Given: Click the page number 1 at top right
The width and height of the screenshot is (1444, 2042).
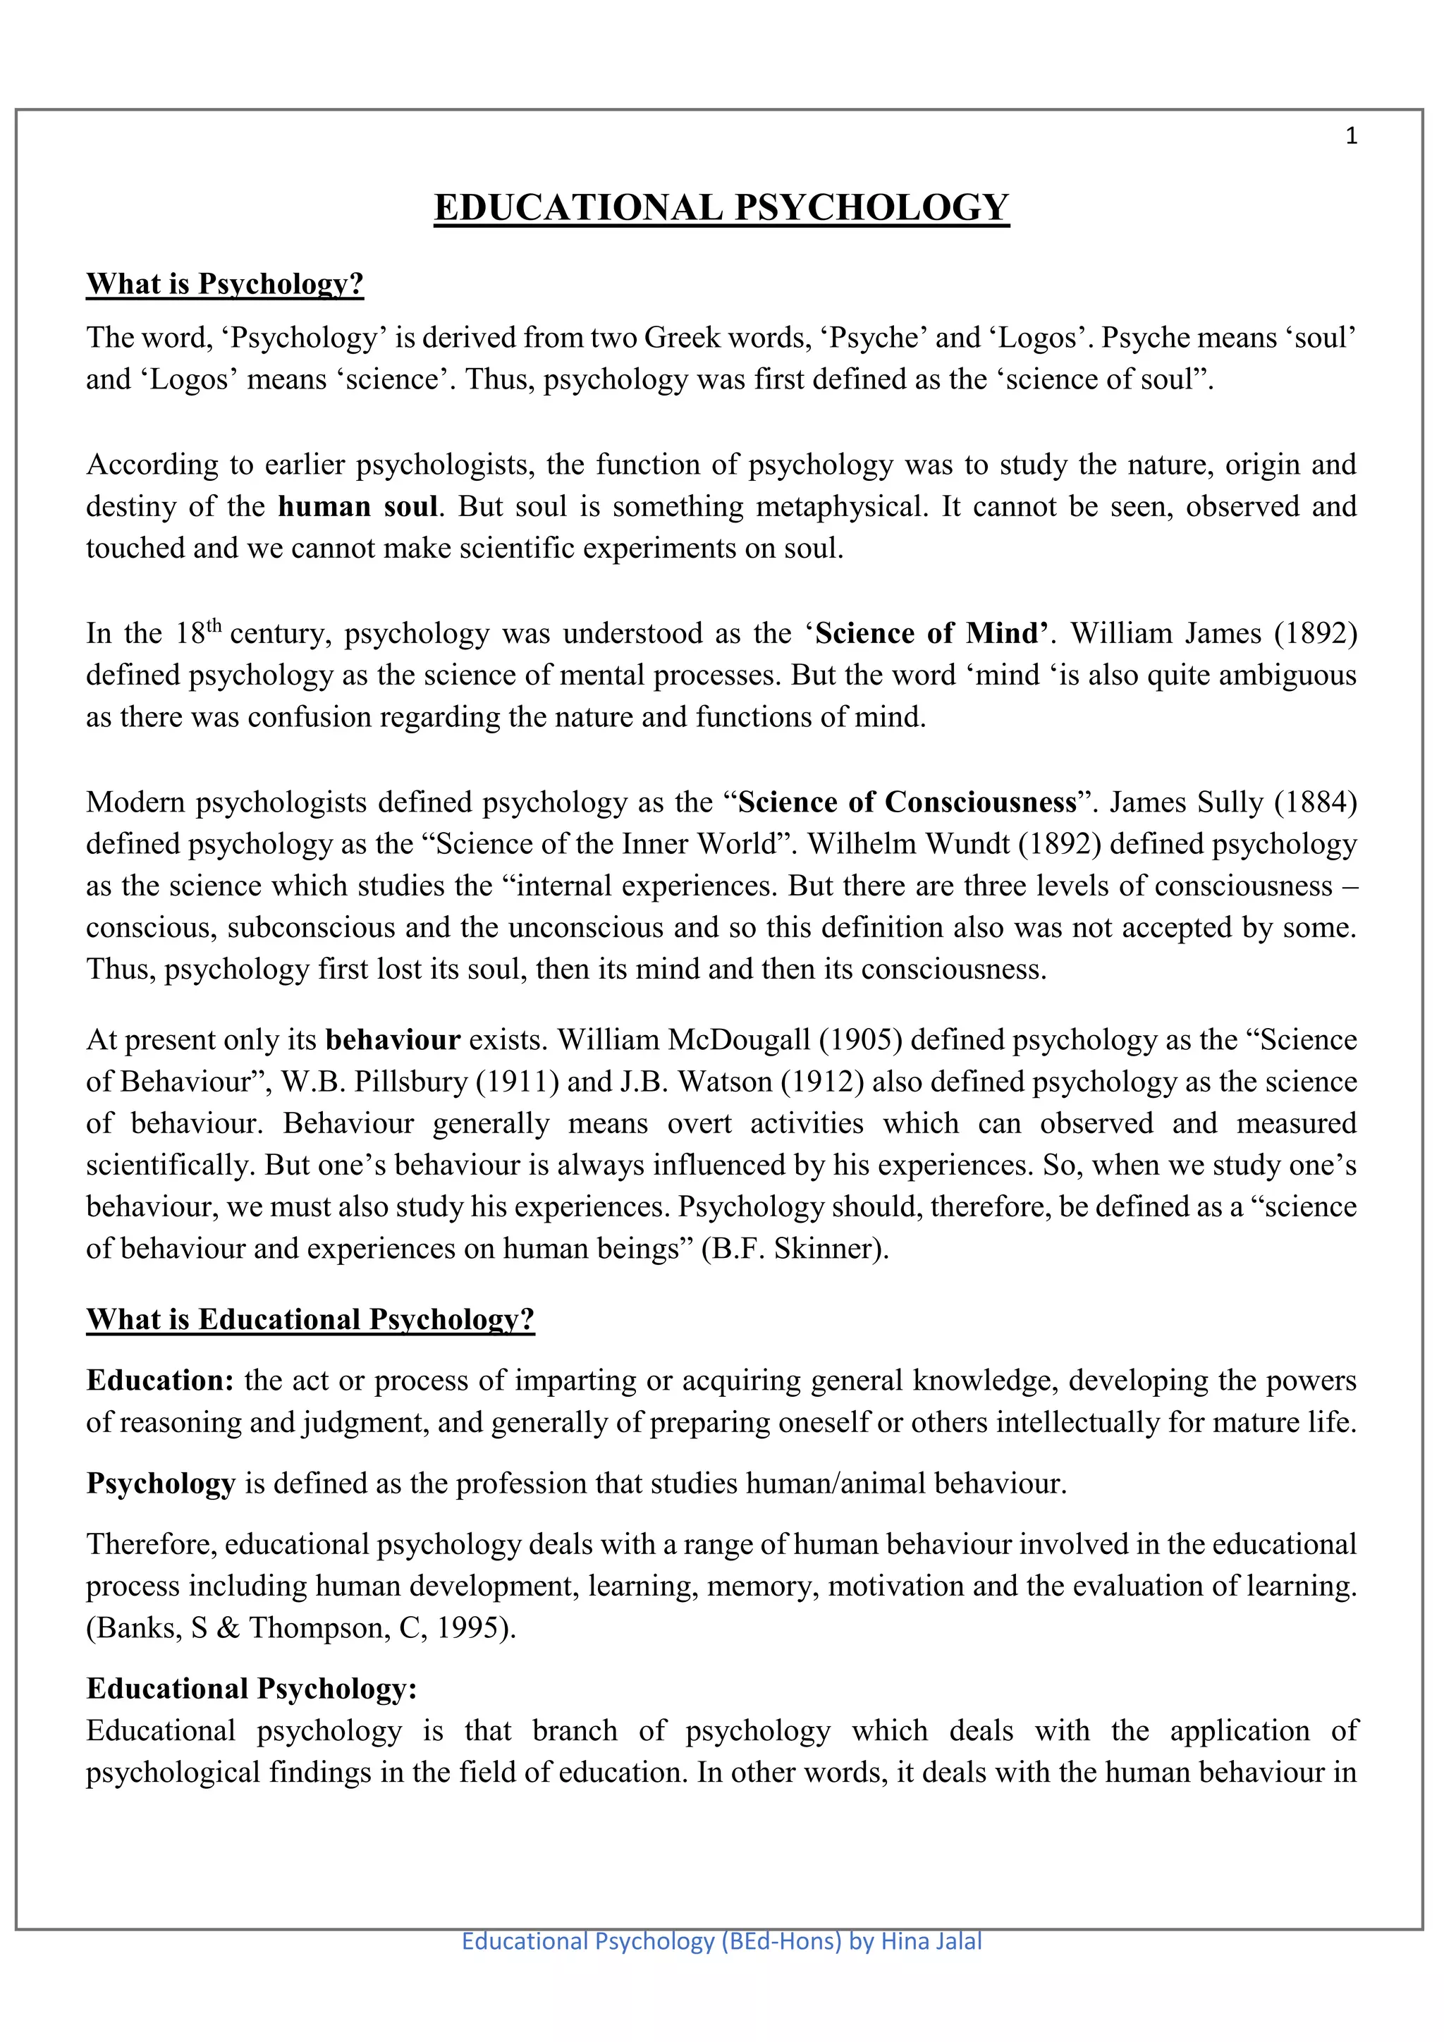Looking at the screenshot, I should pyautogui.click(x=1351, y=136).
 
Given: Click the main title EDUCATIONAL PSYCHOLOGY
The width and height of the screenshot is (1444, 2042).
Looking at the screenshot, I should pyautogui.click(x=721, y=207).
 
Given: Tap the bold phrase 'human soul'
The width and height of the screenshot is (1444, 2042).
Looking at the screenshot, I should pyautogui.click(x=358, y=506).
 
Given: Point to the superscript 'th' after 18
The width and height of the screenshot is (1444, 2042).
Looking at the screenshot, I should pyautogui.click(x=214, y=625).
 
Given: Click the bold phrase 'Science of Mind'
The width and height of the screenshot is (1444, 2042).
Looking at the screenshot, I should pyautogui.click(x=929, y=633).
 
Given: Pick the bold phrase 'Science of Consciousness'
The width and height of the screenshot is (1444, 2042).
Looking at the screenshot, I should pyautogui.click(x=907, y=802).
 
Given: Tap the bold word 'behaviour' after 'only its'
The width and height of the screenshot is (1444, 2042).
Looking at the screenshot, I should pyautogui.click(x=392, y=1039).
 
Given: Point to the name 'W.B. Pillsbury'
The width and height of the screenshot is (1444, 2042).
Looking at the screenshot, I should pyautogui.click(x=374, y=1082).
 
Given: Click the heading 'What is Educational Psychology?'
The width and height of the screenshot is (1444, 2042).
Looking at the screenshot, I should pyautogui.click(x=310, y=1319).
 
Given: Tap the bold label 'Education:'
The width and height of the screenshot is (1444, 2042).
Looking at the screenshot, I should pyautogui.click(x=160, y=1381).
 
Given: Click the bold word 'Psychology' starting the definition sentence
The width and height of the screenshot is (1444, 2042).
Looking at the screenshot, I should pyautogui.click(x=160, y=1484).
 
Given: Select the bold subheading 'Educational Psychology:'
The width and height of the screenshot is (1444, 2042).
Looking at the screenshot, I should pyautogui.click(x=252, y=1688).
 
